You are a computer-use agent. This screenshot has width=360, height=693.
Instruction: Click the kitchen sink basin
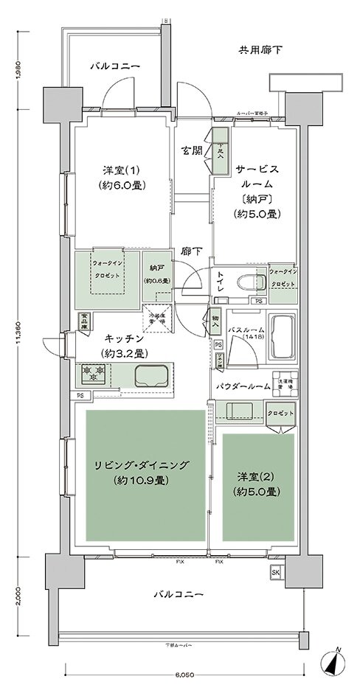click(154, 376)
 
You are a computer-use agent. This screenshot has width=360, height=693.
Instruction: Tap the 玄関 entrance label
click(193, 150)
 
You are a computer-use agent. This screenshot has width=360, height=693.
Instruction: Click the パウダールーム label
click(242, 385)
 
